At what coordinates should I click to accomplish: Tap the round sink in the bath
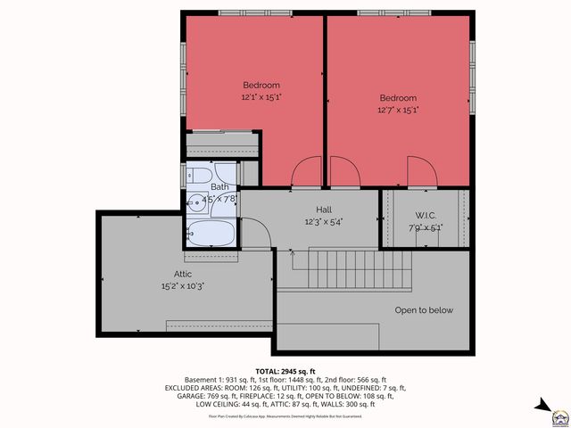tap(194, 201)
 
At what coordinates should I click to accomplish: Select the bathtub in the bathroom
tap(212, 234)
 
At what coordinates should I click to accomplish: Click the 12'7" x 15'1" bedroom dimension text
tap(398, 110)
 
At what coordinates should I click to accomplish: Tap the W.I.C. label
tap(424, 215)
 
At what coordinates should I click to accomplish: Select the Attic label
tap(182, 274)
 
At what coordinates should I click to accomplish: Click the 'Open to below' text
tap(424, 310)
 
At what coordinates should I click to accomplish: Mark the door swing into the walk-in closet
tap(420, 173)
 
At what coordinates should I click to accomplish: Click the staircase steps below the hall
tap(347, 268)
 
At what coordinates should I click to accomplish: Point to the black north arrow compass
tap(542, 407)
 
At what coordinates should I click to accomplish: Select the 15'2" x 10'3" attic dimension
tap(182, 286)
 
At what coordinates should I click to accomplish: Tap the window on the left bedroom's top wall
tap(253, 12)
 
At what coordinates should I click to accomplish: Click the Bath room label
tap(219, 186)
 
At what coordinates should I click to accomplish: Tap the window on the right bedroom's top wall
tap(398, 12)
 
